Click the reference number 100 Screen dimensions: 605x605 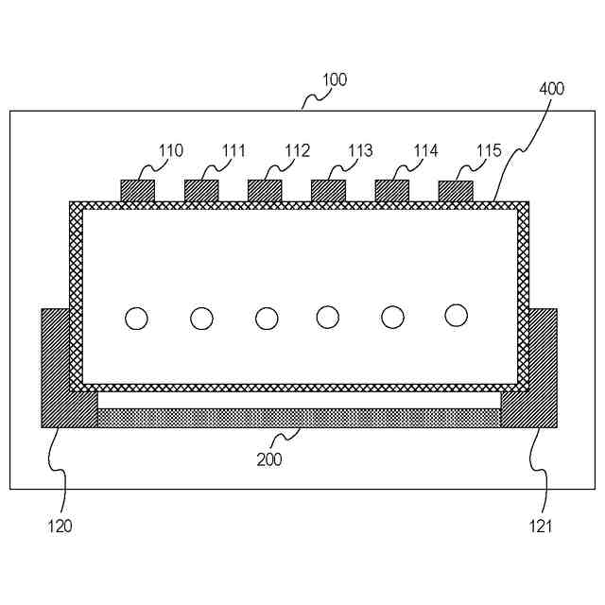(x=335, y=80)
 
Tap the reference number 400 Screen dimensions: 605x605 (x=551, y=89)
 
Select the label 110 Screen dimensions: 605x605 (x=171, y=150)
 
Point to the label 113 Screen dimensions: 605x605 (x=360, y=150)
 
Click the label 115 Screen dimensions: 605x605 (x=489, y=150)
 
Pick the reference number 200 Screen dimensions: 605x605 (x=269, y=460)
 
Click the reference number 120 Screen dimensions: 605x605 (x=60, y=527)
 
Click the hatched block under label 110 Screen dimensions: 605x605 (x=137, y=190)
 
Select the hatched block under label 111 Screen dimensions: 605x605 (x=201, y=190)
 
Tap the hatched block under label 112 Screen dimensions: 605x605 (x=265, y=190)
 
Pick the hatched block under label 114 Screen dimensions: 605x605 (x=392, y=190)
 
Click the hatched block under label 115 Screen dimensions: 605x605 (x=456, y=190)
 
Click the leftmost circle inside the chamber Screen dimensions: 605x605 (x=137, y=319)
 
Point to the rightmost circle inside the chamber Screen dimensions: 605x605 (x=457, y=315)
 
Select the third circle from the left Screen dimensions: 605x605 (x=267, y=319)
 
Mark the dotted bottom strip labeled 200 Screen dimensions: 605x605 (x=299, y=418)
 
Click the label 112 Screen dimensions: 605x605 (x=297, y=150)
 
